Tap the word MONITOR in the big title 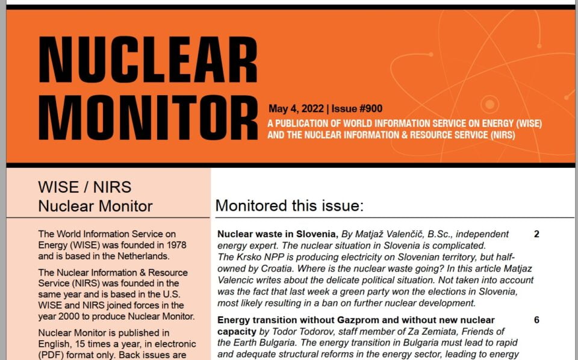148,118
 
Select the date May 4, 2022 296,109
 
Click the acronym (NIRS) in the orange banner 502,135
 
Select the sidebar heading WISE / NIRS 85,187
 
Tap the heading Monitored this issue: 290,206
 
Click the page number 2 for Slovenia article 536,234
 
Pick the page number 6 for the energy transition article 536,320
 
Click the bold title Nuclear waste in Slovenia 277,234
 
